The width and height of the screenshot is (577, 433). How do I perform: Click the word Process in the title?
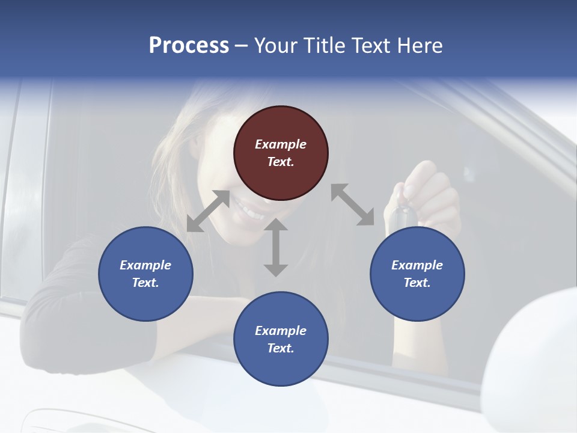(189, 46)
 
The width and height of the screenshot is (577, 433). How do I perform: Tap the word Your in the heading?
(276, 46)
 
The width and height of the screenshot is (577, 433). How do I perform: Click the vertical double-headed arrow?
(276, 247)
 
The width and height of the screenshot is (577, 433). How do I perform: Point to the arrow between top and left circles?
(208, 211)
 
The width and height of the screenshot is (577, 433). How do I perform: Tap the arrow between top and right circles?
(353, 204)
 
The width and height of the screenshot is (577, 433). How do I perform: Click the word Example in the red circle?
(281, 144)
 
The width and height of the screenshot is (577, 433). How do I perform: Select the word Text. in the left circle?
(145, 283)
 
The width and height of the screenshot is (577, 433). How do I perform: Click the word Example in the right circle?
(417, 265)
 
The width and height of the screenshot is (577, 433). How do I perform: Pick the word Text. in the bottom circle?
(281, 348)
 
